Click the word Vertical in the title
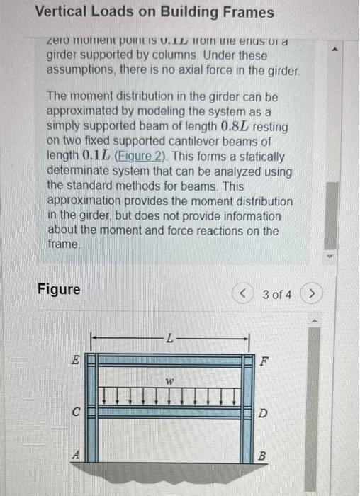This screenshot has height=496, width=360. click(x=60, y=13)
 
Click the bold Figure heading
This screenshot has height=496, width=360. click(x=59, y=291)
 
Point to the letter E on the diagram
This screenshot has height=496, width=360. click(x=75, y=360)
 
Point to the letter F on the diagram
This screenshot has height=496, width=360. click(x=266, y=360)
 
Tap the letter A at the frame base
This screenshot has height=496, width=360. click(x=75, y=457)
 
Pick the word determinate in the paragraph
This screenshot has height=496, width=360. click(x=77, y=171)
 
